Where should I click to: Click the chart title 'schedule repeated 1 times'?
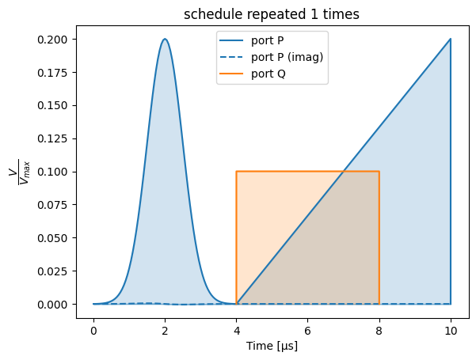pyautogui.click(x=272, y=14)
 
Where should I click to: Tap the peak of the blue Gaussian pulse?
pyautogui.click(x=165, y=39)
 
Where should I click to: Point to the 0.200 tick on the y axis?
pyautogui.click(x=52, y=40)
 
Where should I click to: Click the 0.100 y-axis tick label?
pyautogui.click(x=52, y=172)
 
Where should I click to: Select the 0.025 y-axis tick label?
pyautogui.click(x=52, y=271)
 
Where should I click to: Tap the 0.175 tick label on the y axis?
pyautogui.click(x=52, y=73)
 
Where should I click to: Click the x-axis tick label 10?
pyautogui.click(x=451, y=331)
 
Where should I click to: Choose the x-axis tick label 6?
pyautogui.click(x=308, y=331)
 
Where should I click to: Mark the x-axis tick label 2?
pyautogui.click(x=165, y=331)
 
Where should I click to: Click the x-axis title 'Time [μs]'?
pyautogui.click(x=272, y=346)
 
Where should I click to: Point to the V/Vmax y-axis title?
pyautogui.click(x=19, y=172)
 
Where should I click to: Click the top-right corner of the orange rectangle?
pyautogui.click(x=379, y=172)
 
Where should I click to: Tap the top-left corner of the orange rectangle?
pyautogui.click(x=237, y=172)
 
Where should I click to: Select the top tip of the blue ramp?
pyautogui.click(x=451, y=39)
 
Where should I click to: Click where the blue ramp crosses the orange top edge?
pyautogui.click(x=344, y=172)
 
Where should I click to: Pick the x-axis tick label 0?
pyautogui.click(x=93, y=331)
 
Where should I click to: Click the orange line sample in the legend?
pyautogui.click(x=231, y=74)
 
